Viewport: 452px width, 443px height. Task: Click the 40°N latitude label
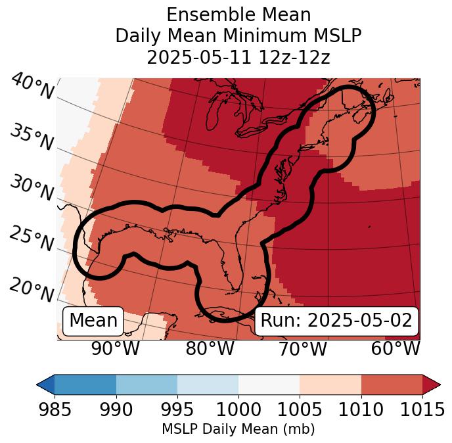point(32,87)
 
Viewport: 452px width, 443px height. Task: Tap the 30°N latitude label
point(31,189)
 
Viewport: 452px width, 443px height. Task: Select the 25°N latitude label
point(31,239)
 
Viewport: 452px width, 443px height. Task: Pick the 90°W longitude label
point(115,349)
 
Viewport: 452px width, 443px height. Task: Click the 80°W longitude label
point(210,349)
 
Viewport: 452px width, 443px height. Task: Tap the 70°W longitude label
point(302,349)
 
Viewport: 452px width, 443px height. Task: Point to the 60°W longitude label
point(395,349)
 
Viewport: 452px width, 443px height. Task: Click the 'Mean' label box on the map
point(93,321)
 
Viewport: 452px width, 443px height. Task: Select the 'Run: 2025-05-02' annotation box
point(336,321)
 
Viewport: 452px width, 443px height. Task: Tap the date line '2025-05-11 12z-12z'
point(238,57)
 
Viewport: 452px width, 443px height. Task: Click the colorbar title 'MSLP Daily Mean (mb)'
point(238,429)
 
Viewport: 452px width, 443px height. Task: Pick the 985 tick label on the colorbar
point(55,410)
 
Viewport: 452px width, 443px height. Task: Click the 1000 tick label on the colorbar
point(238,410)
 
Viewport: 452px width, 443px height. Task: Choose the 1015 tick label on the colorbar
point(422,410)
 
